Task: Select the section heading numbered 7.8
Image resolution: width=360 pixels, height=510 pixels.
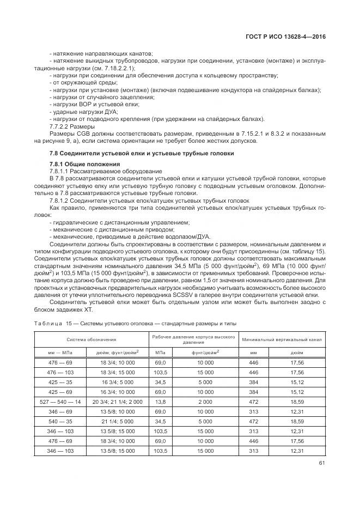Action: point(142,153)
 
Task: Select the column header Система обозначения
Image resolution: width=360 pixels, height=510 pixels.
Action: point(89,339)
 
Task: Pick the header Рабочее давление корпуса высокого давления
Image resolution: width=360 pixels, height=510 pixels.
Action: point(193,339)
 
